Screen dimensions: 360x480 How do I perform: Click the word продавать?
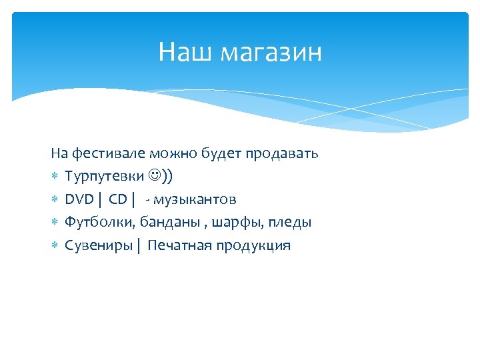click(x=282, y=153)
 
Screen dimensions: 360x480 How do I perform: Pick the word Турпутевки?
click(x=104, y=177)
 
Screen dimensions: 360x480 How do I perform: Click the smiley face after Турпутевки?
click(x=155, y=176)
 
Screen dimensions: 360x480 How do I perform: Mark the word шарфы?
click(x=228, y=222)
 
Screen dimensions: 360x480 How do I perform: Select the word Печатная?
click(x=178, y=245)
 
